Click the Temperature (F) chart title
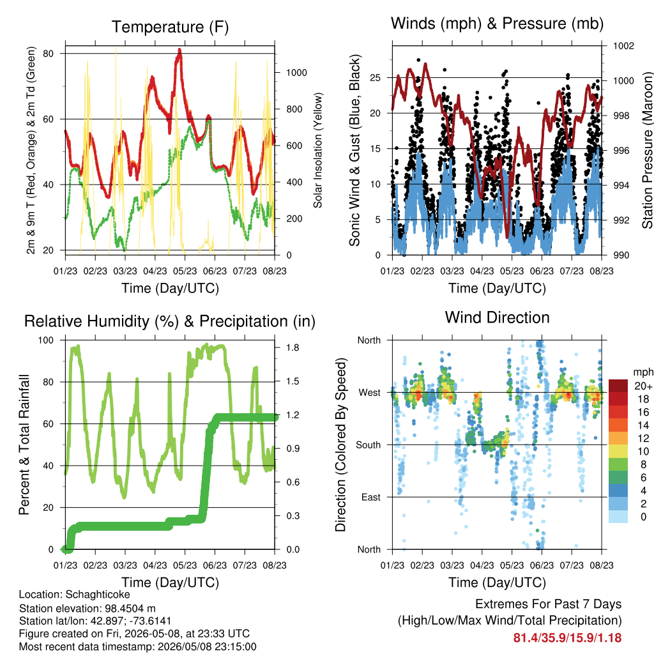(x=170, y=27)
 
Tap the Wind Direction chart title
(x=497, y=317)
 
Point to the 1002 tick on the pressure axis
(x=623, y=45)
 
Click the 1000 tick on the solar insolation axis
(x=296, y=73)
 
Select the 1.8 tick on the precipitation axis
(x=293, y=348)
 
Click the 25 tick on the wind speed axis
(x=375, y=77)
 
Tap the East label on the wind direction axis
(x=371, y=497)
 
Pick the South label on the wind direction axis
(x=368, y=445)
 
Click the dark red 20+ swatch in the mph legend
(x=618, y=386)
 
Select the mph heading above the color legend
(x=643, y=372)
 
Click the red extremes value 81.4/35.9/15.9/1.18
(x=567, y=638)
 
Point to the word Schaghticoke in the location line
(x=98, y=595)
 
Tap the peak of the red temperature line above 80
(x=179, y=49)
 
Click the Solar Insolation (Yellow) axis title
(x=318, y=150)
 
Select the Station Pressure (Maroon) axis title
(x=647, y=150)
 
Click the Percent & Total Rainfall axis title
(x=24, y=445)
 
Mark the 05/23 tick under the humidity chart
(x=185, y=565)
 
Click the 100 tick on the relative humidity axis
(x=46, y=340)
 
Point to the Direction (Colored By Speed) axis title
(x=341, y=445)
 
